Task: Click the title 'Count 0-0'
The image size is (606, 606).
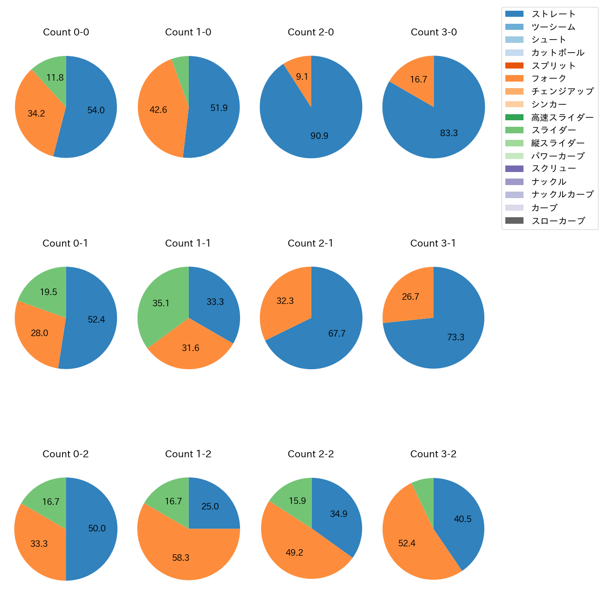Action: pyautogui.click(x=66, y=32)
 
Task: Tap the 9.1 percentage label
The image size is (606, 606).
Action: pyautogui.click(x=302, y=76)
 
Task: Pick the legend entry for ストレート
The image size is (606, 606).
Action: pyautogui.click(x=553, y=14)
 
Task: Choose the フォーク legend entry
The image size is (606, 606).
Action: pyautogui.click(x=549, y=78)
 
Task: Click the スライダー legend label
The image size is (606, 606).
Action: pyautogui.click(x=553, y=130)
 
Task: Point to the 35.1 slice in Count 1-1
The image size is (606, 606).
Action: pyautogui.click(x=161, y=303)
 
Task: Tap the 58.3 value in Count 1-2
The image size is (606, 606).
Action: pyautogui.click(x=181, y=558)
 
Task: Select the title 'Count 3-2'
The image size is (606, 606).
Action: pyautogui.click(x=433, y=454)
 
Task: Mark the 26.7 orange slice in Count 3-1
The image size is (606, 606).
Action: pyautogui.click(x=410, y=296)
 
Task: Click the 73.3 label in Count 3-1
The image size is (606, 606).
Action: pyautogui.click(x=455, y=337)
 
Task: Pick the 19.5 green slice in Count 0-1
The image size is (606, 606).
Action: pyautogui.click(x=48, y=292)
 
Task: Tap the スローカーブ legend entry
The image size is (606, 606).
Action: pyautogui.click(x=558, y=221)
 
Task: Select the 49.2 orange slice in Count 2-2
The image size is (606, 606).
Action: pyautogui.click(x=294, y=552)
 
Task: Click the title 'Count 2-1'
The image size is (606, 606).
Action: pyautogui.click(x=310, y=243)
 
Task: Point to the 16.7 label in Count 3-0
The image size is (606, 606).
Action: pyautogui.click(x=418, y=80)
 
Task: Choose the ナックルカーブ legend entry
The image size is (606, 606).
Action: pyautogui.click(x=562, y=195)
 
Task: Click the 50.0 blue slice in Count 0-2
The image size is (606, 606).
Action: pyautogui.click(x=97, y=528)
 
